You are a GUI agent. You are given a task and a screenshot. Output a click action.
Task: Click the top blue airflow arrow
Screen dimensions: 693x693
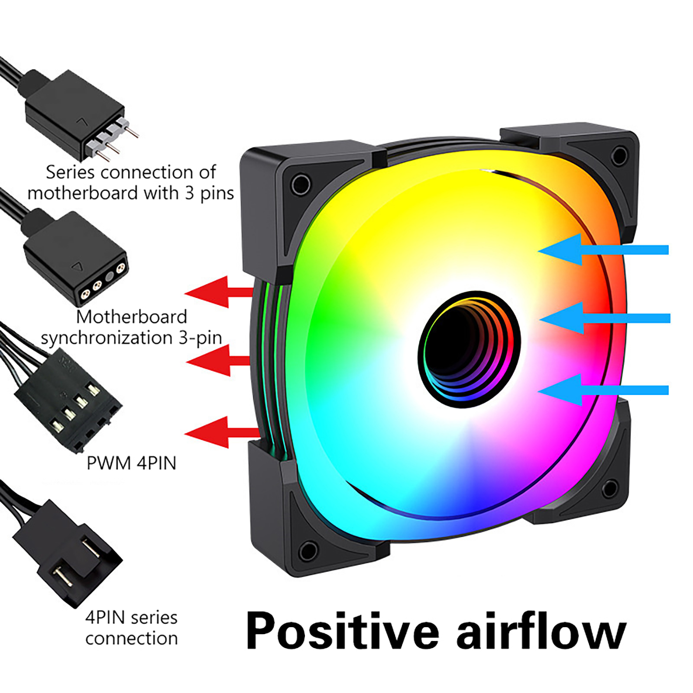(x=603, y=250)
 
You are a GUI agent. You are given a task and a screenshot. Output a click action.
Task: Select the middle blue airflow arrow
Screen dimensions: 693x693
(x=605, y=318)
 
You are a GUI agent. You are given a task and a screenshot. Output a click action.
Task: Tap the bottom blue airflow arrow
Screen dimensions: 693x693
(x=603, y=390)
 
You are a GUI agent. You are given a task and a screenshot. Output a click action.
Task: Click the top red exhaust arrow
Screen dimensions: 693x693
(x=219, y=292)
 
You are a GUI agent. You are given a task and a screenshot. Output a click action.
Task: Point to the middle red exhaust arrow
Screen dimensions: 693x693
(x=218, y=360)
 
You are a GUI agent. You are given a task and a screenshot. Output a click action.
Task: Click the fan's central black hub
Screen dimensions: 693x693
(x=469, y=349)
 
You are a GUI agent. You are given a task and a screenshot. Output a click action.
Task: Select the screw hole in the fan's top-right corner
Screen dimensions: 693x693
(x=619, y=155)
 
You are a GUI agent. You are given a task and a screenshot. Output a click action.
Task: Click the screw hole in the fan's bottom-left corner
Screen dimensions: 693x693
(x=308, y=551)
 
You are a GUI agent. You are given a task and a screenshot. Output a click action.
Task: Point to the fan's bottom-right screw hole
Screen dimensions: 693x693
(x=610, y=489)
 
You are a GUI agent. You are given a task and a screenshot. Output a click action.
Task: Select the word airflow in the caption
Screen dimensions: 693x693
(x=541, y=630)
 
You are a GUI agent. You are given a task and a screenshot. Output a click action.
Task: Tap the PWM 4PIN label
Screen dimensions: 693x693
(x=131, y=463)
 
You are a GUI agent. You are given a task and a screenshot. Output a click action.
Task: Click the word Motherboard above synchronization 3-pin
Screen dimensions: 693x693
(x=132, y=317)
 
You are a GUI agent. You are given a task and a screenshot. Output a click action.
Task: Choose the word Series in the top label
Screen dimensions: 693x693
(x=70, y=172)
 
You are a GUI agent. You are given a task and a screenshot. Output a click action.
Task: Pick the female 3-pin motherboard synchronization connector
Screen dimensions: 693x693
(x=76, y=258)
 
